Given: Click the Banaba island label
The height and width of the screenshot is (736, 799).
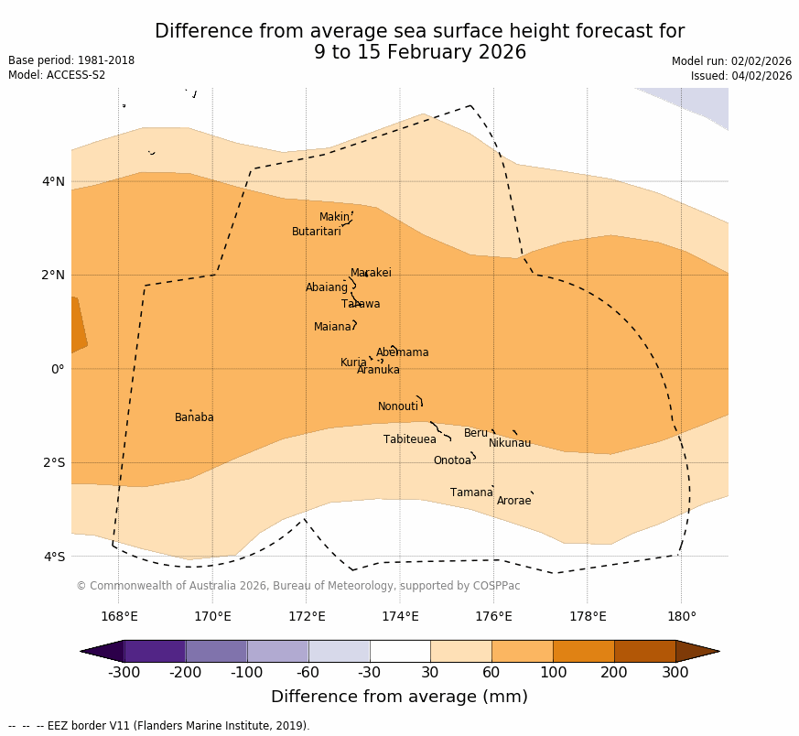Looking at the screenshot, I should [194, 417].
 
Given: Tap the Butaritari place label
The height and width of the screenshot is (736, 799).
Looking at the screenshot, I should [317, 232].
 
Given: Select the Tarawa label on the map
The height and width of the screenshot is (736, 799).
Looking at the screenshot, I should [361, 304].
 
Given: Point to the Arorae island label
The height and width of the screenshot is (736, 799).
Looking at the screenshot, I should [513, 501].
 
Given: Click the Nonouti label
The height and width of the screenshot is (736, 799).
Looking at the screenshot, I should [398, 406].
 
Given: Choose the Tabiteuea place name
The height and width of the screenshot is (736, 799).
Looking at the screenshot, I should [410, 439].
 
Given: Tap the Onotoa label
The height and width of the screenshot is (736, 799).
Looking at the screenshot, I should [452, 460].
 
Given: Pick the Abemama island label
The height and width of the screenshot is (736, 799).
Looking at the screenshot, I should [402, 352].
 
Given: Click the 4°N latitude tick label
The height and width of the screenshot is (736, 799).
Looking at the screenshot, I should [53, 181].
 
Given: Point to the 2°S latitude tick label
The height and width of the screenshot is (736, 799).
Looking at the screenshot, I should [53, 462].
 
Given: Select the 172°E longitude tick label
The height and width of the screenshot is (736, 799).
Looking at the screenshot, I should [307, 616].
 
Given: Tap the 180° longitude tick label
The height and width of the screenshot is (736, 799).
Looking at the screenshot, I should [681, 616].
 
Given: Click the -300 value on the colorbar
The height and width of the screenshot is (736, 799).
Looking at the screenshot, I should [124, 673].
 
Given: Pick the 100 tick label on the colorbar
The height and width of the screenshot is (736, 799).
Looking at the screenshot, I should [553, 673].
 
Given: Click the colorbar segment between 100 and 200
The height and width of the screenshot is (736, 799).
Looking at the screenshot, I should [583, 651].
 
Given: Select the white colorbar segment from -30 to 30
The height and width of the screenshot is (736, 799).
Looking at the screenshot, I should [400, 651].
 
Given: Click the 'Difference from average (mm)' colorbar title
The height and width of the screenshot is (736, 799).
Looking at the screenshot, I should [399, 697].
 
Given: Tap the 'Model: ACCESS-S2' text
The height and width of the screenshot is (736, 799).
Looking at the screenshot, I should [57, 75].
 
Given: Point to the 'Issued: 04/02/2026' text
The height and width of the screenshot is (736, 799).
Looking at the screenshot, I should [741, 76].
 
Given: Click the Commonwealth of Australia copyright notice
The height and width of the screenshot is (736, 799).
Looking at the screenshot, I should [297, 586].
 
